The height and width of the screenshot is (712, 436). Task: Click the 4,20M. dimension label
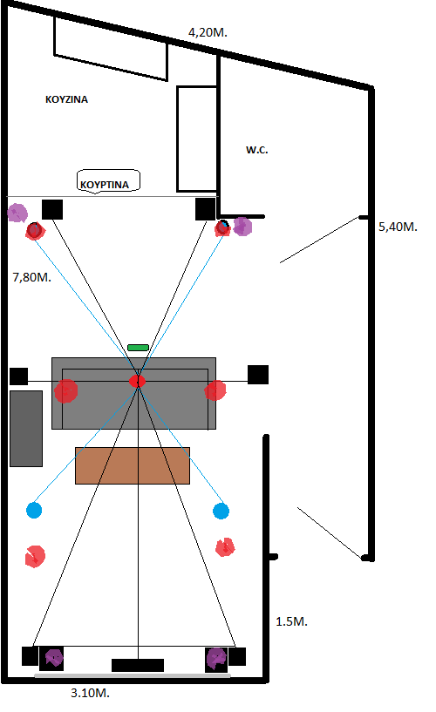[x=208, y=33]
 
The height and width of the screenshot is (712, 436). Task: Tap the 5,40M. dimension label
[x=398, y=227]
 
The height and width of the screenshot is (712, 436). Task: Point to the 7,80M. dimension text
[x=31, y=277]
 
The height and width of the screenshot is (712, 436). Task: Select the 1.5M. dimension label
[x=291, y=621]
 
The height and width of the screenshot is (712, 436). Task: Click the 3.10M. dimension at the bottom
[x=91, y=693]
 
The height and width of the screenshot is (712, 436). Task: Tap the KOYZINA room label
[x=66, y=99]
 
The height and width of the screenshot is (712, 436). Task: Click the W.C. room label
[x=257, y=150]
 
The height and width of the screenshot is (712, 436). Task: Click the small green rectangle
[x=138, y=348]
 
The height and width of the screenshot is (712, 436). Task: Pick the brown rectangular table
[x=133, y=466]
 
